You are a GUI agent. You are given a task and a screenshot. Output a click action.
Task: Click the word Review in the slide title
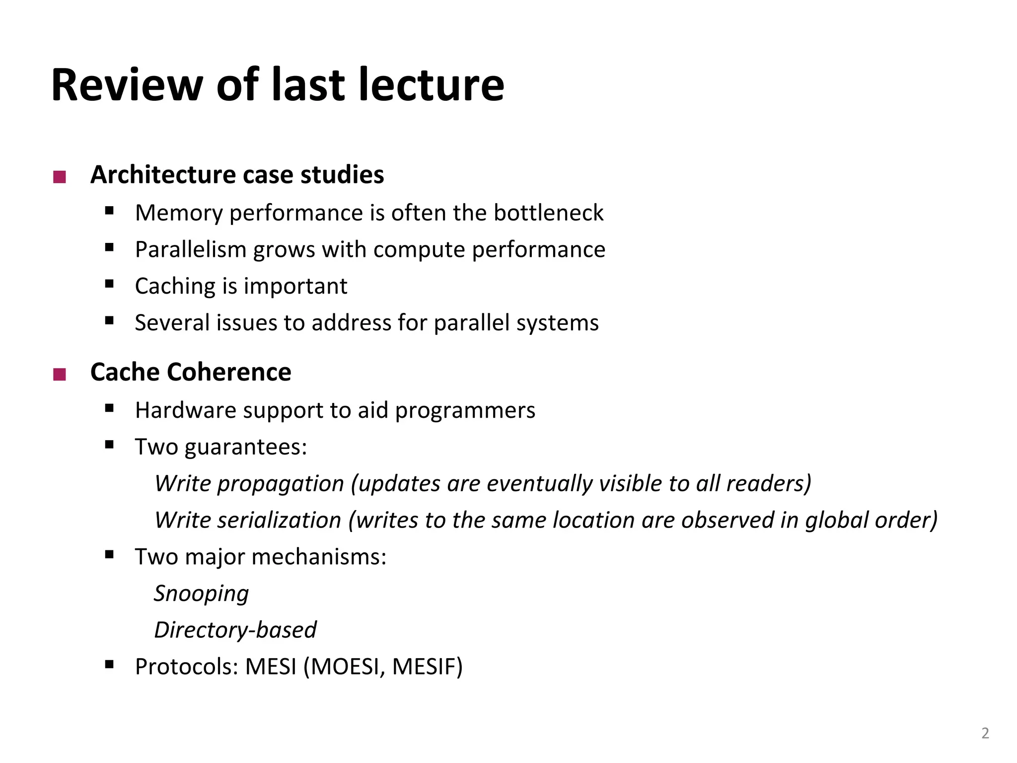pos(127,85)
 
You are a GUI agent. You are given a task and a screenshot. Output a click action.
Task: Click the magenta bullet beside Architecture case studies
pos(60,177)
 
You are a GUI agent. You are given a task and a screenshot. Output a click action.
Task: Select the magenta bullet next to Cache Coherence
pos(60,374)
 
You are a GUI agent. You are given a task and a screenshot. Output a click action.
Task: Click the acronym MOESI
pos(347,667)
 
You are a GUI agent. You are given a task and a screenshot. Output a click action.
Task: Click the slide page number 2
pos(985,733)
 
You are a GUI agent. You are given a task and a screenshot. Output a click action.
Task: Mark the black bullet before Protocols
pos(110,664)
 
